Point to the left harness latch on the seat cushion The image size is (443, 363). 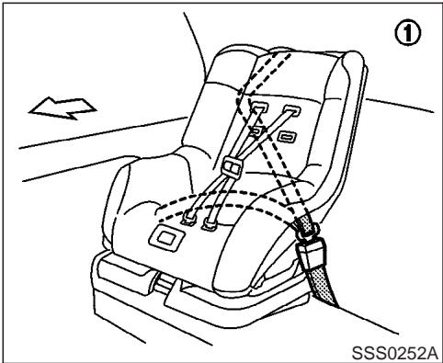pos(190,218)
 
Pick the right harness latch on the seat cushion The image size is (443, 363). pos(210,221)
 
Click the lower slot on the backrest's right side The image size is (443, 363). pos(286,136)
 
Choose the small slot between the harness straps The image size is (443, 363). pos(257,130)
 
